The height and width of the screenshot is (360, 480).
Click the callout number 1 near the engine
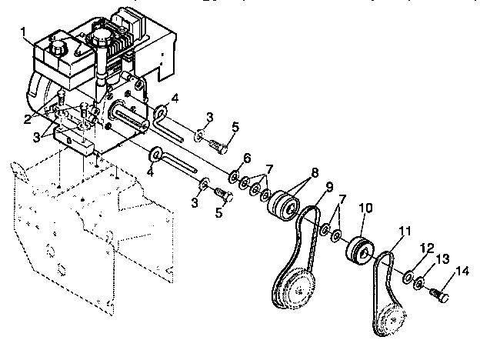coord(24,33)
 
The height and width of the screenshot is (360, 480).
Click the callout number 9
coord(328,187)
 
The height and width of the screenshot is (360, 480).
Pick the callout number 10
coord(365,208)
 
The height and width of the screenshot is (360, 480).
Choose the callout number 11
coord(405,230)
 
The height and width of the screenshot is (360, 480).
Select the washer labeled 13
coord(420,283)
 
